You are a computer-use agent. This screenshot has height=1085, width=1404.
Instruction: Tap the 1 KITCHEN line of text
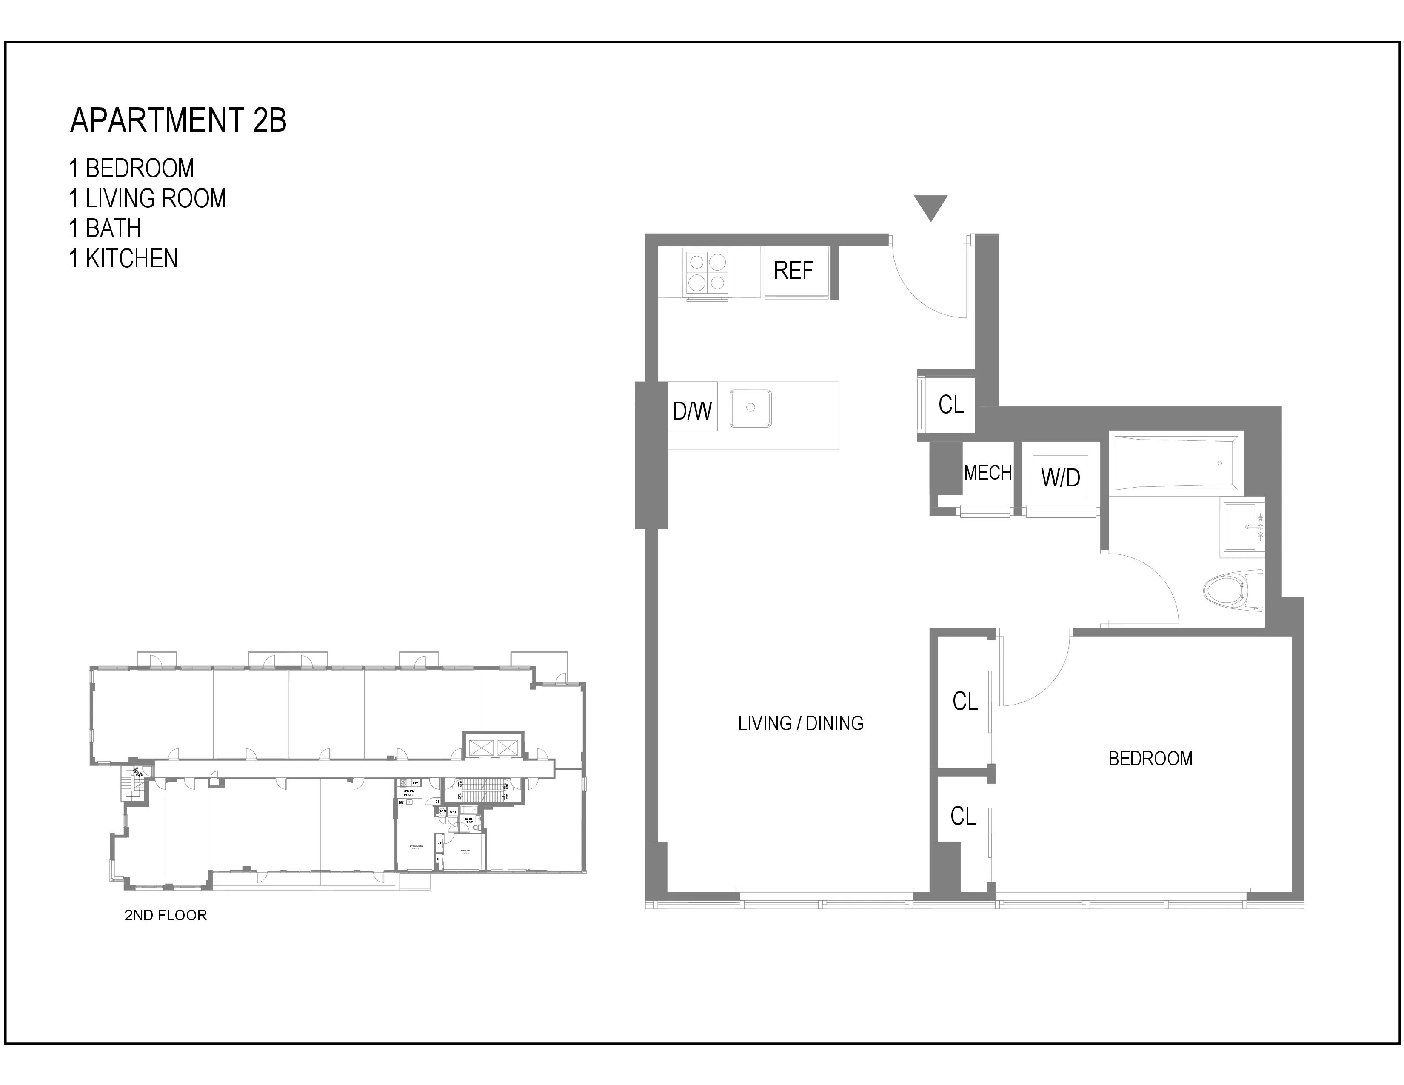point(123,258)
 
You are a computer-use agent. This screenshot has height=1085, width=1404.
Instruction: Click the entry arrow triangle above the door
point(930,206)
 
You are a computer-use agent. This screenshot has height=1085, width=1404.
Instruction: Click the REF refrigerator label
point(793,271)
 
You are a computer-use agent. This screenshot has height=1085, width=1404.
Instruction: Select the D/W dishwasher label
point(692,411)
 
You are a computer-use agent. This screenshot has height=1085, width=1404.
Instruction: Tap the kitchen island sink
point(750,408)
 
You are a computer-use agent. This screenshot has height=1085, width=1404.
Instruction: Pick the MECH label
point(987,473)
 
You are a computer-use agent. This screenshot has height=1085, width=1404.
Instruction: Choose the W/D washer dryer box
point(1060,477)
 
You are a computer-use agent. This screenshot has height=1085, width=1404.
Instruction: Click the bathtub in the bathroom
point(1175,463)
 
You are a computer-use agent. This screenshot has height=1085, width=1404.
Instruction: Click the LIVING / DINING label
point(800,724)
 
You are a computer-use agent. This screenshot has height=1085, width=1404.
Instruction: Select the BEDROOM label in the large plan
point(1150,759)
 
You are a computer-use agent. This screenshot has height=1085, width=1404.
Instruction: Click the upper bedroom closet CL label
point(965,701)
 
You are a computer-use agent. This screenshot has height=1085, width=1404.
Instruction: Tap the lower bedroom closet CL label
point(963,817)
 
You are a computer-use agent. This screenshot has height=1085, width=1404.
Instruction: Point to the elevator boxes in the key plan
point(494,747)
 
